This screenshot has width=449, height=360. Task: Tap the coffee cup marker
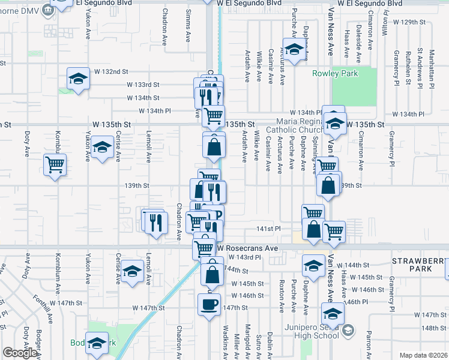[x=209, y=304]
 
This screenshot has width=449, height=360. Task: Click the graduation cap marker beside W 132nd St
[x=78, y=79]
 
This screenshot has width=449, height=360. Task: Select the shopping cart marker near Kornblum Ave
[x=55, y=164]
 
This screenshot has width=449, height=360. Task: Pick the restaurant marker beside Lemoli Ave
[x=155, y=221]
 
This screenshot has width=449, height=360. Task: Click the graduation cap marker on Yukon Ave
[x=103, y=148]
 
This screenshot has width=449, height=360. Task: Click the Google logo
[x=19, y=353]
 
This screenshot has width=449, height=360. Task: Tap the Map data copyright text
[x=423, y=355]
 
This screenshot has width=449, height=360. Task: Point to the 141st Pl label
[x=270, y=229]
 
